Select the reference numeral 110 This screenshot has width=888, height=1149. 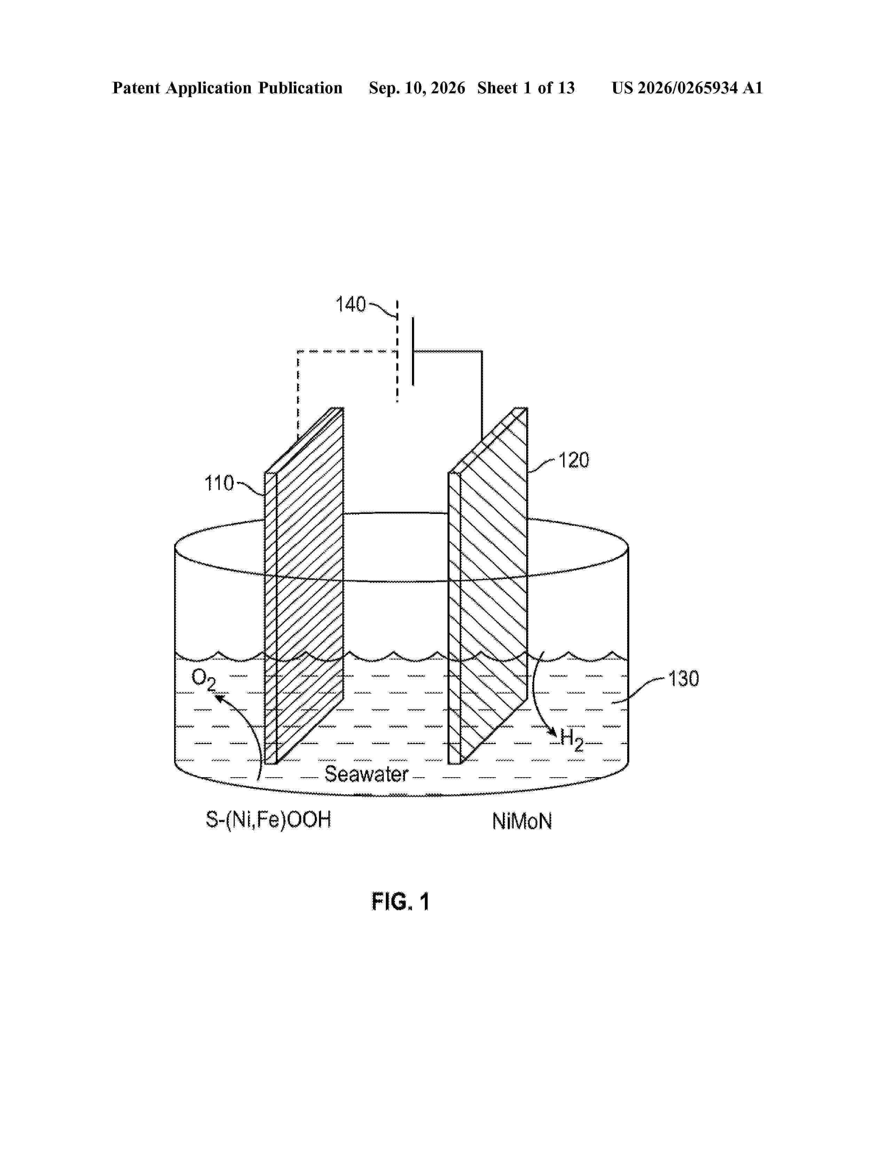pos(219,483)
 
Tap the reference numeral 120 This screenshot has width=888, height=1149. pos(574,460)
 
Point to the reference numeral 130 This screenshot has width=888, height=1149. pos(683,679)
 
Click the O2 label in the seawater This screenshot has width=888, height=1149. pos(204,679)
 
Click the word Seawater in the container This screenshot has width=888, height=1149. pos(367,774)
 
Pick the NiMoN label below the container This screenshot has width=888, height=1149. pos(522,821)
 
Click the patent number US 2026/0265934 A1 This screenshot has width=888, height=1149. pos(687,88)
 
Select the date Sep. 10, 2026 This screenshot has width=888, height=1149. pos(417,88)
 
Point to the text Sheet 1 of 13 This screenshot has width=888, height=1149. pos(526,88)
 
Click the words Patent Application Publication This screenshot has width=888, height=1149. pos(227,88)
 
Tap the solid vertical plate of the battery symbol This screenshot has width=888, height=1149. pos(413,351)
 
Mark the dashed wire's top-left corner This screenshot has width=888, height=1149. pos(298,351)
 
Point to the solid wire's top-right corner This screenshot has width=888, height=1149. pos(482,351)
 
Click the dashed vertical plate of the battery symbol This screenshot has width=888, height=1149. pos(397,351)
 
